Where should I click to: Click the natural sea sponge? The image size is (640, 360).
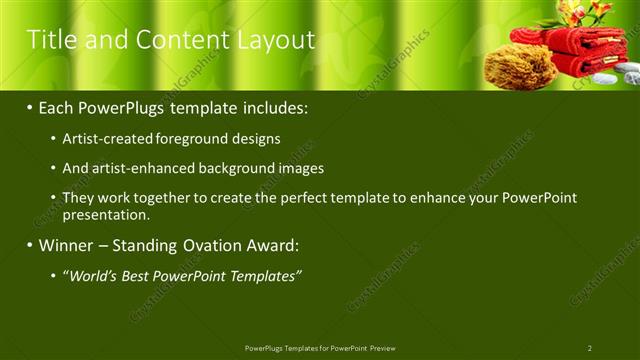tap(506, 66)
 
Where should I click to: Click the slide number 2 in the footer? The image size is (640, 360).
tap(590, 348)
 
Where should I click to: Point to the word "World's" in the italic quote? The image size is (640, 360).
tap(94, 276)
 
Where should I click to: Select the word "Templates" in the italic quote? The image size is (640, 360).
tap(264, 276)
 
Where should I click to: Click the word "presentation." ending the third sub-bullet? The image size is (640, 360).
tap(106, 214)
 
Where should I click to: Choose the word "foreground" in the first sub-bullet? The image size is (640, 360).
tap(187, 139)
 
